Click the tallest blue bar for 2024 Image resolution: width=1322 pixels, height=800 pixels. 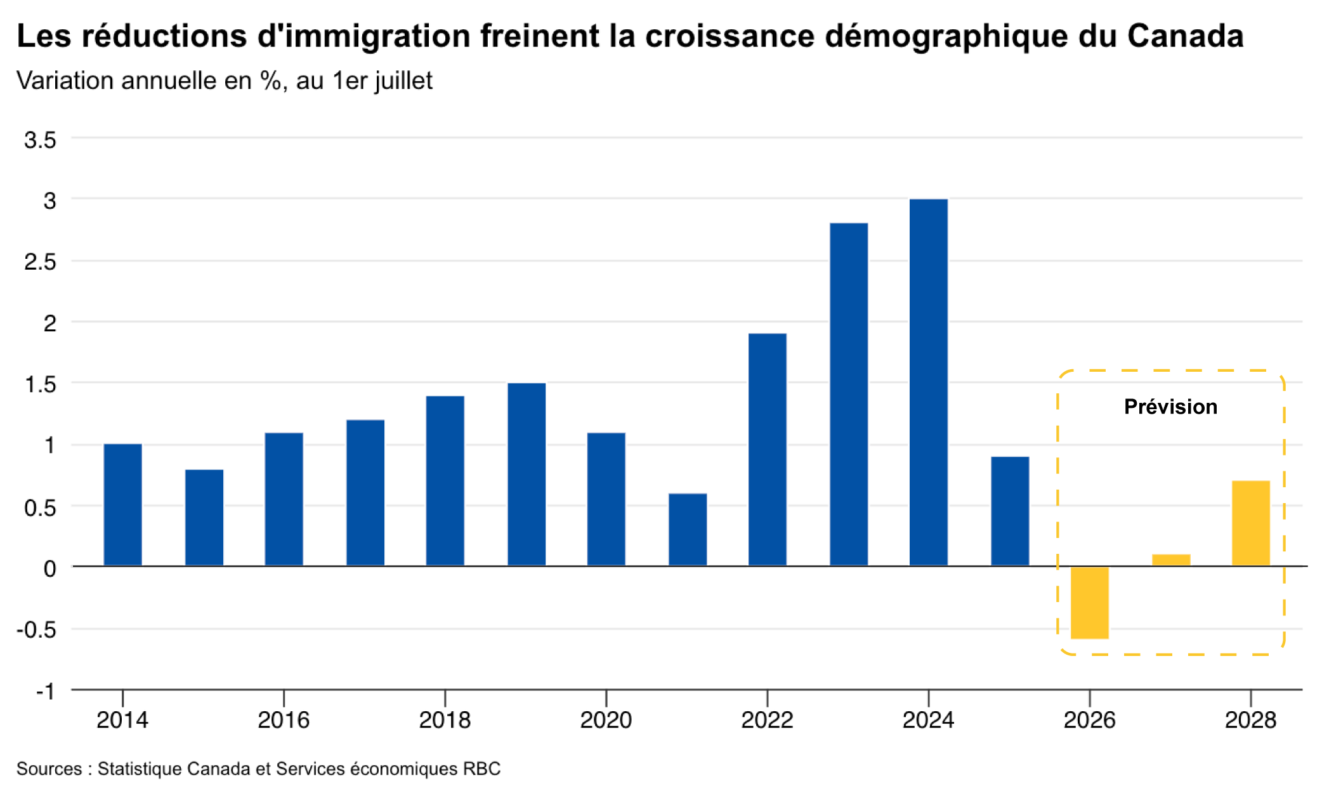click(x=928, y=382)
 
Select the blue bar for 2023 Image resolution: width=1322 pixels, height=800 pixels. click(x=849, y=394)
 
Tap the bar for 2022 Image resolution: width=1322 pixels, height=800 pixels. click(x=768, y=449)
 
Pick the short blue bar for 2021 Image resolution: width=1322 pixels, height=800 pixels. click(x=688, y=529)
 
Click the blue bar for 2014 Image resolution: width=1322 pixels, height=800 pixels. click(x=122, y=504)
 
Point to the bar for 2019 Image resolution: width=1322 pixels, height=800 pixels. click(x=527, y=474)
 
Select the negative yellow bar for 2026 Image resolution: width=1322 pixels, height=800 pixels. click(x=1090, y=603)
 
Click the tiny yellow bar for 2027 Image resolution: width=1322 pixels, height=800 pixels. click(x=1171, y=560)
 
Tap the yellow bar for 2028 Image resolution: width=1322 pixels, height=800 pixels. click(x=1251, y=523)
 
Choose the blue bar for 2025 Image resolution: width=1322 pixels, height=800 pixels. click(x=1010, y=511)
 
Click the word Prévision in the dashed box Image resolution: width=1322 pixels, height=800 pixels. click(x=1170, y=407)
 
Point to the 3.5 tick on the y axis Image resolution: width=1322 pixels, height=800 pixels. click(x=40, y=140)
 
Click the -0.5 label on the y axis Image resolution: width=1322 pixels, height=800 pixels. click(x=36, y=629)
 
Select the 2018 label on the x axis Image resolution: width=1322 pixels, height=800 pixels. click(x=445, y=720)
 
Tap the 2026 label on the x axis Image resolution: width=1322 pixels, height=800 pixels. click(x=1089, y=720)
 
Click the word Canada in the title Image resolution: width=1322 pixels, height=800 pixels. click(x=1185, y=36)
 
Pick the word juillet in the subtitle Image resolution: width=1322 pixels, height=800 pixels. click(x=403, y=81)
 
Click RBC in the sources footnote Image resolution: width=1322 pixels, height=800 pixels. click(x=481, y=769)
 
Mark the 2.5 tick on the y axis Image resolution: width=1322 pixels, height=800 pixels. click(x=40, y=261)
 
